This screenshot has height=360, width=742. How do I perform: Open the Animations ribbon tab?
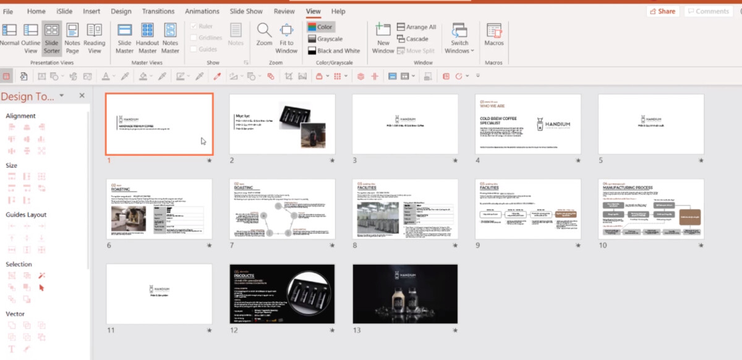[x=202, y=11]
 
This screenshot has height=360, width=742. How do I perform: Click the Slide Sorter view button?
[x=52, y=38]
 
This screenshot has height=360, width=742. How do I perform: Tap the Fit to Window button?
[x=286, y=38]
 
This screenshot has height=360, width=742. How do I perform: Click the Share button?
[x=662, y=11]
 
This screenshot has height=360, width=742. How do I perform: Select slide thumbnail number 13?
[x=405, y=294]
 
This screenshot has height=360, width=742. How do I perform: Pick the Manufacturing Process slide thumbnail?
[x=651, y=209]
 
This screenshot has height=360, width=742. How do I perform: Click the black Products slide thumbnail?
[x=282, y=294]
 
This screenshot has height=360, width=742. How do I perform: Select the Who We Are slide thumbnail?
[x=528, y=124]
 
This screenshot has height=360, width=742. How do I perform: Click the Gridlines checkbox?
[x=194, y=38]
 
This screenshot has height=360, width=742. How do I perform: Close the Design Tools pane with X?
[x=82, y=96]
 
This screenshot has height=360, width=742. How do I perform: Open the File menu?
[x=8, y=11]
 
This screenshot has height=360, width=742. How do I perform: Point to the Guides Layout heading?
[x=26, y=215]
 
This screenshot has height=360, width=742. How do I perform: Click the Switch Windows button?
[x=459, y=39]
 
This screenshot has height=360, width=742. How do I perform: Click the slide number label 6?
[x=109, y=246]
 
